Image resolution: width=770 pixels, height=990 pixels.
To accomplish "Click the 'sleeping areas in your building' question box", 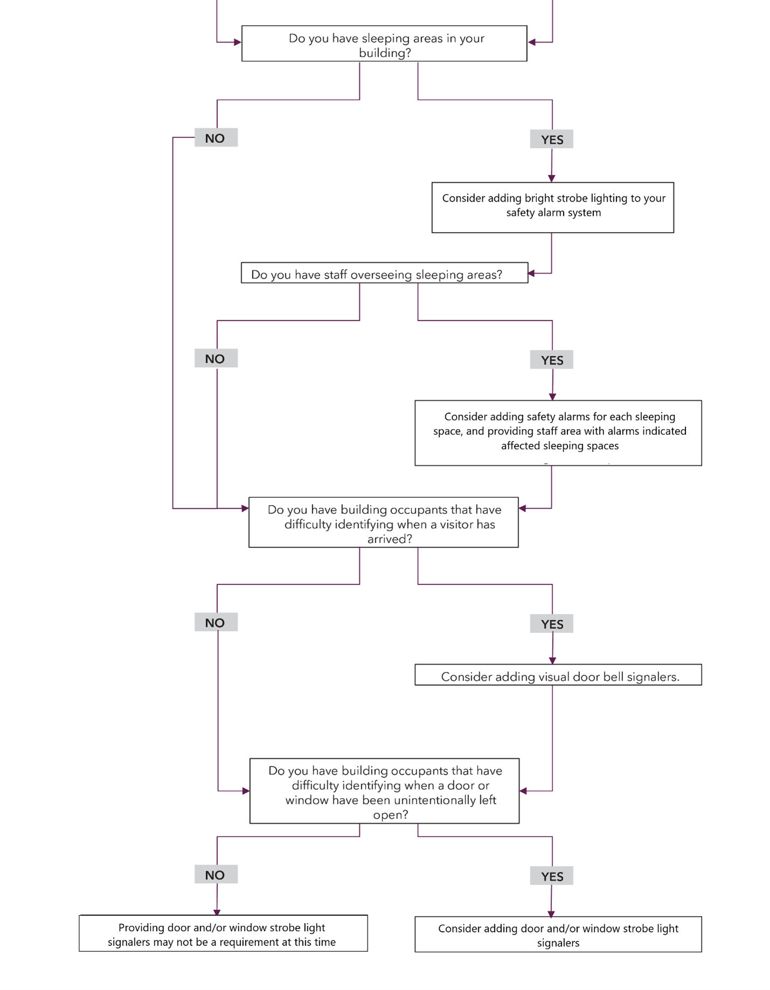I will (x=384, y=44).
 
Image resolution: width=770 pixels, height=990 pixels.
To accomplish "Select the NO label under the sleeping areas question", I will (x=215, y=138).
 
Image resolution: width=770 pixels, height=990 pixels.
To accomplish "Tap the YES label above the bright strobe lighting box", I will (x=551, y=140).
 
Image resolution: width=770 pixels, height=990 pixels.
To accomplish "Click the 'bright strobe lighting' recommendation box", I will (x=552, y=207).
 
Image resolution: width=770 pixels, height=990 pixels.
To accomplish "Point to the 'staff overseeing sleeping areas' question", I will (x=384, y=274).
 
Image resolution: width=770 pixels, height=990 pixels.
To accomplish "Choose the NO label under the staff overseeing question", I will (x=215, y=359).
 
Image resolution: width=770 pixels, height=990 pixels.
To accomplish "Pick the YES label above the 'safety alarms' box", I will (x=551, y=360).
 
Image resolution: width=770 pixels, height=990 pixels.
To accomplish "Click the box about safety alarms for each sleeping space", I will (x=558, y=433).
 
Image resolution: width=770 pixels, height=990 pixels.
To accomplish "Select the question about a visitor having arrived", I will (x=383, y=522).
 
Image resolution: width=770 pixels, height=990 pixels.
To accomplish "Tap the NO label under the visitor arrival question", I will (x=215, y=623).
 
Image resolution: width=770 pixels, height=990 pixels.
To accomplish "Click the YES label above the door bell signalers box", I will (x=551, y=624).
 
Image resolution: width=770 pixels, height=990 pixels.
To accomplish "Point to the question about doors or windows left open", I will (x=384, y=791).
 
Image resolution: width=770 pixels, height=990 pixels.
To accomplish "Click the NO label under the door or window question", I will (x=215, y=875).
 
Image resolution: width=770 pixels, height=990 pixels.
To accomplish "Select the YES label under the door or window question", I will (x=551, y=876).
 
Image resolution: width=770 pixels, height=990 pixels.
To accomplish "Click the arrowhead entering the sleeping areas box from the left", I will (x=237, y=42).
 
